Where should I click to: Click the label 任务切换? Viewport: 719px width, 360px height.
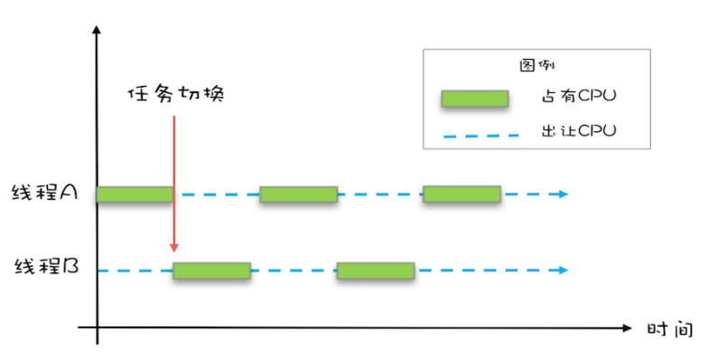(x=176, y=94)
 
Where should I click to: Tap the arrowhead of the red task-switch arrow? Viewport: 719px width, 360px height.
(x=174, y=247)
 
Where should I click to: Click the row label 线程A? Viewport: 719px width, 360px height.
(x=44, y=193)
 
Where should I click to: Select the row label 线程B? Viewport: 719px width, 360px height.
(x=46, y=266)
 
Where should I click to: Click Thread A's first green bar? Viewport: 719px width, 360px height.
(x=135, y=194)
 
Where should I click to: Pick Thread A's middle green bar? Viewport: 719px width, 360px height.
(x=298, y=194)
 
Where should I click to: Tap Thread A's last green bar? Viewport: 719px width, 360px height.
(x=462, y=194)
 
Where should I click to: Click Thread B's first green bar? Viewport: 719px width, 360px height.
(x=212, y=270)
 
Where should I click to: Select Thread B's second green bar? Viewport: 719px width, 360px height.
(x=375, y=270)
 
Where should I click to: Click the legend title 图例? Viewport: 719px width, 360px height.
(x=536, y=65)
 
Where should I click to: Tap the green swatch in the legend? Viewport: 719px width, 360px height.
(x=475, y=99)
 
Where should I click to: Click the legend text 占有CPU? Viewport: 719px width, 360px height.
(x=579, y=96)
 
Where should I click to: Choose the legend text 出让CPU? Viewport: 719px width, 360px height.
(x=579, y=130)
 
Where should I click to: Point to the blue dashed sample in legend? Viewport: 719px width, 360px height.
(x=480, y=136)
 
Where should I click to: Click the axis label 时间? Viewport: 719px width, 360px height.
(x=669, y=329)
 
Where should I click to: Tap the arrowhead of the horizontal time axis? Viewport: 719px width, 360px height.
(x=627, y=328)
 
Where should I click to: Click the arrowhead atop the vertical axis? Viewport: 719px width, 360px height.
(x=96, y=30)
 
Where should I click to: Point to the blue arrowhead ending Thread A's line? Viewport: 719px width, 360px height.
(x=563, y=194)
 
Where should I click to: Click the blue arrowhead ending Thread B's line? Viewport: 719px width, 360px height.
(x=563, y=270)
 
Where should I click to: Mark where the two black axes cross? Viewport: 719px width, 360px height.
(x=97, y=327)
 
